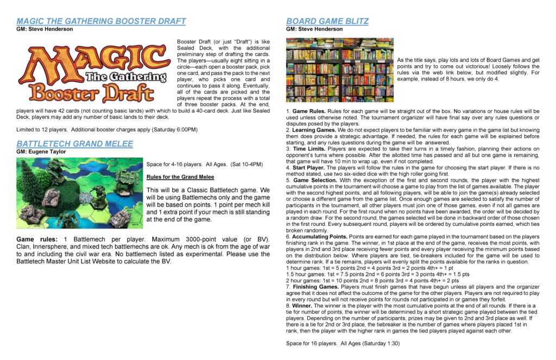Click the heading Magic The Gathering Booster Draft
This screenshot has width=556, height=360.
point(101,21)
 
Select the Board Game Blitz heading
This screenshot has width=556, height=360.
point(327,21)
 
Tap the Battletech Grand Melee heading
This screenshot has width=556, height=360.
point(74,144)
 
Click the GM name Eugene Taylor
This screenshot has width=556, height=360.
point(50,152)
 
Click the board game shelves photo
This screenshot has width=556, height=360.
point(339,70)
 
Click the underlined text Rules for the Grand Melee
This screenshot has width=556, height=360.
point(180,177)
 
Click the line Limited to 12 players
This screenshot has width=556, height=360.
point(106,129)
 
